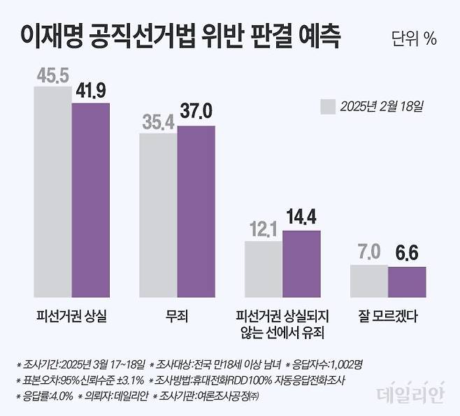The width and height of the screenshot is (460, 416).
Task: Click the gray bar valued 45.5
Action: tap(53, 192)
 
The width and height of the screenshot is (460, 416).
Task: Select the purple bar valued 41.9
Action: tap(91, 199)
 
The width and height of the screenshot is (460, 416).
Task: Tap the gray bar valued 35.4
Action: tap(158, 215)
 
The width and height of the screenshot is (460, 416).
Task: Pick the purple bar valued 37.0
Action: tap(196, 211)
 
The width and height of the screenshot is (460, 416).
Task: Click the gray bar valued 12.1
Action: tap(263, 268)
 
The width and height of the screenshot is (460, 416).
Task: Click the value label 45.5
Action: tap(52, 76)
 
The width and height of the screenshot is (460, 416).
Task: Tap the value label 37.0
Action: tap(196, 111)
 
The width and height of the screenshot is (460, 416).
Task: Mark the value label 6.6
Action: tap(406, 252)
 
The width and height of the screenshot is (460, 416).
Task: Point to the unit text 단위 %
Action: tap(414, 39)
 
